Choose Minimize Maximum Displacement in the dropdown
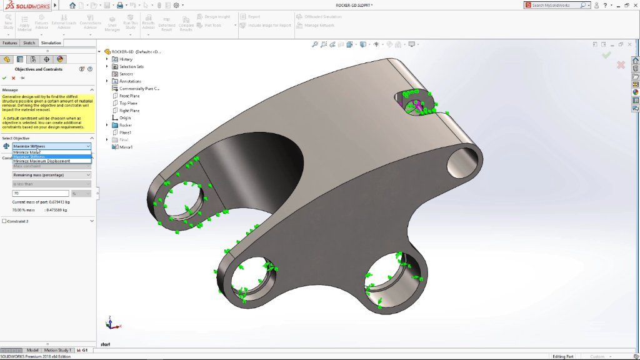coord(41,161)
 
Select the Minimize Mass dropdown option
coord(27,152)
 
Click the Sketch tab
coord(29,43)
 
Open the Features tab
coord(10,43)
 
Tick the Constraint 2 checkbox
coord(4,221)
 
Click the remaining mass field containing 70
coord(41,194)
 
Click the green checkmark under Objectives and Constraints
coord(4,78)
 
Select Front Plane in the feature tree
coord(129,96)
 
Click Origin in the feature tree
coord(125,117)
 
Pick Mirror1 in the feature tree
coord(126,147)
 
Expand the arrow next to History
coord(107,59)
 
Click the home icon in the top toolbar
coord(72,5)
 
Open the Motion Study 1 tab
coord(57,350)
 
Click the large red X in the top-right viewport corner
coord(621,65)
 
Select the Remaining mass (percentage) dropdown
coord(51,175)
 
